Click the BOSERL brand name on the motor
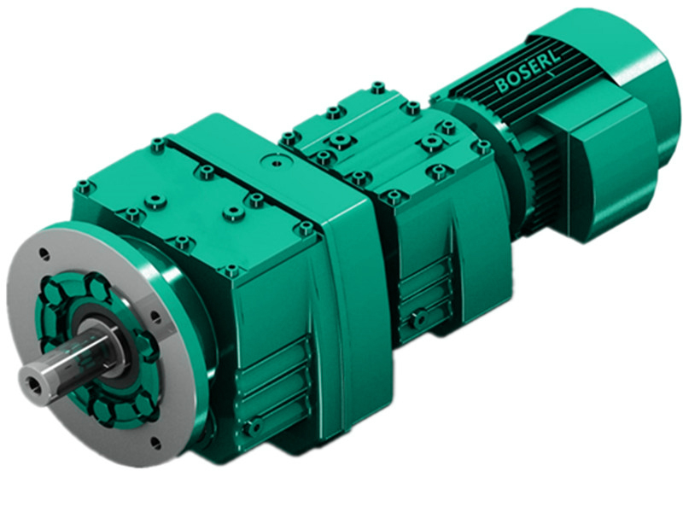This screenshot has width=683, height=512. (x=522, y=77)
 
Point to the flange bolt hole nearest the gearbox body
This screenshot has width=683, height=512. (x=155, y=316)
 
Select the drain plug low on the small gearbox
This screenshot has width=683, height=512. (x=417, y=320)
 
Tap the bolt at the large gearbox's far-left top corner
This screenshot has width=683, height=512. (x=83, y=186)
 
